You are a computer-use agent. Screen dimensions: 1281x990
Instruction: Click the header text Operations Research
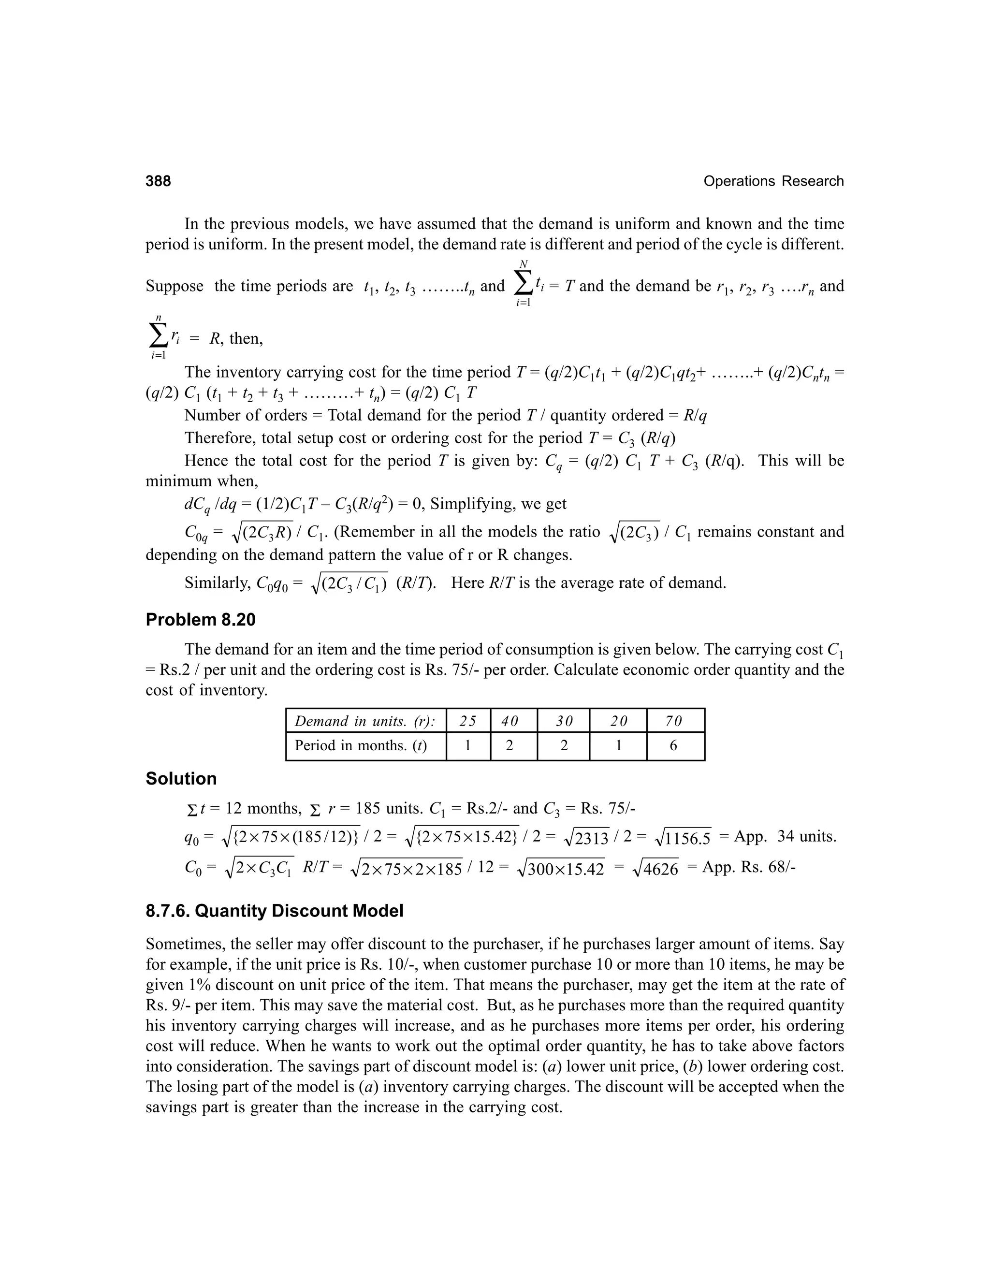pos(773,181)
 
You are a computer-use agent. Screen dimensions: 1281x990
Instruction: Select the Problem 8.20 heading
pos(201,620)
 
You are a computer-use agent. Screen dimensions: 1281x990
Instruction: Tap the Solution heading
pos(181,778)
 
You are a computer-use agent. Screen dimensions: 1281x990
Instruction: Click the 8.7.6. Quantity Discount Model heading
pos(275,911)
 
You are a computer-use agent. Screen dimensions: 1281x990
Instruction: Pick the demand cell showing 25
pos(467,721)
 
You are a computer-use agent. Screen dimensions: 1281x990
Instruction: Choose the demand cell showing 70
pos(673,721)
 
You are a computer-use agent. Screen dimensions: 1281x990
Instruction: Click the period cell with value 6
pos(673,745)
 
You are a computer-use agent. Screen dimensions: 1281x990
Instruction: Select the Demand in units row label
pos(365,721)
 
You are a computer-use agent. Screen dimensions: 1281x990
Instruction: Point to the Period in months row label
pos(361,745)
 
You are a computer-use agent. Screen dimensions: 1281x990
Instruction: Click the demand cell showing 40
pos(510,721)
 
